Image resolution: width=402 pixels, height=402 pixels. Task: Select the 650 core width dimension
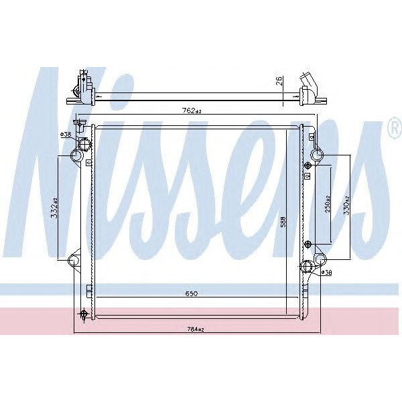[193, 293]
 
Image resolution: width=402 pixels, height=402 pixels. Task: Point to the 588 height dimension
[283, 220]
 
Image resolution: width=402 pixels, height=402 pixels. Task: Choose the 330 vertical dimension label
[346, 204]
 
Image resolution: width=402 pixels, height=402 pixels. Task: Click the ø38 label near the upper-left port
[66, 135]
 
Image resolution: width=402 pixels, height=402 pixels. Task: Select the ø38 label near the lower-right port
[327, 273]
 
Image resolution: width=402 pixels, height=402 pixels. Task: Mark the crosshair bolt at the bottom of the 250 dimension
[308, 243]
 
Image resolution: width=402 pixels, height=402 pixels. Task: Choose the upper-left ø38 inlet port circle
[84, 145]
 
